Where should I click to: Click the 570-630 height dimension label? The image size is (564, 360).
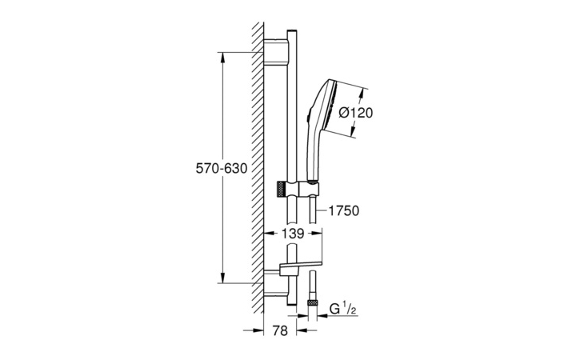[222, 168]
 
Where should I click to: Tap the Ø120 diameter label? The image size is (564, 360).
[356, 113]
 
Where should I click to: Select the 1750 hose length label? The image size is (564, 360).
[344, 210]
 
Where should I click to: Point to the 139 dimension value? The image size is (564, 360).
[293, 234]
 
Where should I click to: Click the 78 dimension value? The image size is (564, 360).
[280, 330]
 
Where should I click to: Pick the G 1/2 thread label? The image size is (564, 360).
[343, 310]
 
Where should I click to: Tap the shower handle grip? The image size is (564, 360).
[312, 154]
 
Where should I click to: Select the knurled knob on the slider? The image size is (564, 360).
[282, 189]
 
